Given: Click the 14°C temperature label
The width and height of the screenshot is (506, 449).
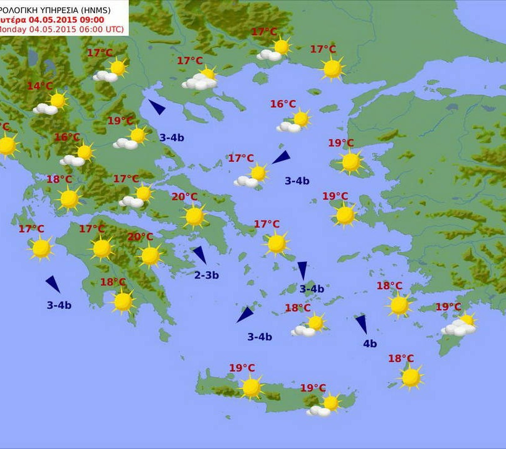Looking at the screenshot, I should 39,86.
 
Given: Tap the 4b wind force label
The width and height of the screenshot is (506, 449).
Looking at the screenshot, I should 370,344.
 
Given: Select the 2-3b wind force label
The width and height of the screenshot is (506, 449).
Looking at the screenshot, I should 206,275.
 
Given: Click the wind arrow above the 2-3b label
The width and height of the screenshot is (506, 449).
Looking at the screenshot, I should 199,254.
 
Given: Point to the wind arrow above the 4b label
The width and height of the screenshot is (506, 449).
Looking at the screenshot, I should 362,324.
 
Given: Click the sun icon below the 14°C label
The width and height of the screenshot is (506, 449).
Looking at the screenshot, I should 57,100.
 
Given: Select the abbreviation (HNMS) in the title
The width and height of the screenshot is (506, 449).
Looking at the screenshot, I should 110,8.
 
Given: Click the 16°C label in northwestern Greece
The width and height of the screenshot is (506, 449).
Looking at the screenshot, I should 67,137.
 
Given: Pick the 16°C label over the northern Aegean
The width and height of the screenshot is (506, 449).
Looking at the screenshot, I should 283,104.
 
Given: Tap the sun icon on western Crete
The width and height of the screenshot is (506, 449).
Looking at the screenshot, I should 251,387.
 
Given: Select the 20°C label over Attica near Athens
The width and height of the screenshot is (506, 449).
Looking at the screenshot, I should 184,197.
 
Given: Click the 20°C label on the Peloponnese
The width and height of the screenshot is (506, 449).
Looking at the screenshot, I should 140,237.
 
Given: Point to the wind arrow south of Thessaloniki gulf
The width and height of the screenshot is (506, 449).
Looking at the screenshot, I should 157,107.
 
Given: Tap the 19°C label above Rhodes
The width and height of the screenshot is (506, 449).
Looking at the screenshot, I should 448,307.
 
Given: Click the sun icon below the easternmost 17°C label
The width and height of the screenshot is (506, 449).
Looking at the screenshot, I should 333,68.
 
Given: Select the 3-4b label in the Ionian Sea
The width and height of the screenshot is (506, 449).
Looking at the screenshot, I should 59,305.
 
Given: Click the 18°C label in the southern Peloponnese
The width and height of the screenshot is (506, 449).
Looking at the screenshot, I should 113,282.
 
